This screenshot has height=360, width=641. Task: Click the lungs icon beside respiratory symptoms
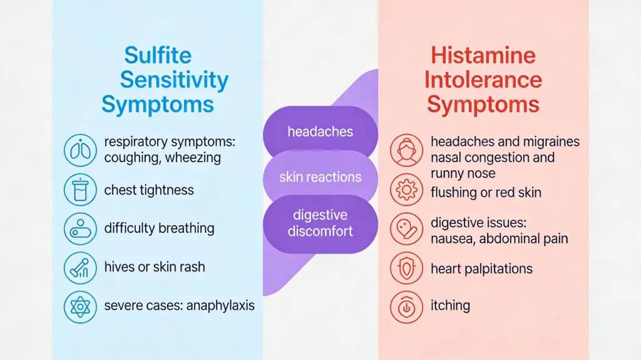81,150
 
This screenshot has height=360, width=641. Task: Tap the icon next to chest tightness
81,190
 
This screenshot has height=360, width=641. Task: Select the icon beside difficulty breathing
81,229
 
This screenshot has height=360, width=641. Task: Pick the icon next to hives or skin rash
81,267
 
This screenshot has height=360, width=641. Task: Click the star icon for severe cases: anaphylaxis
81,307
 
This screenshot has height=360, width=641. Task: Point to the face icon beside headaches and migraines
407,151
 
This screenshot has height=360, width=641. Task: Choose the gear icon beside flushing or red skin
407,190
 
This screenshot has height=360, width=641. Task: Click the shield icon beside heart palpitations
407,269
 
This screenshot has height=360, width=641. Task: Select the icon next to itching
407,306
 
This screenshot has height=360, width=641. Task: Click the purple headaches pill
320,132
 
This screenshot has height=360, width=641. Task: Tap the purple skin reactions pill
320,177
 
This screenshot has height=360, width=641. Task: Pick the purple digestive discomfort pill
320,223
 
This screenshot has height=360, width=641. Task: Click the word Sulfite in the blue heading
158,55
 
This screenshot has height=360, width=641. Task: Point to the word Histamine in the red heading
483,55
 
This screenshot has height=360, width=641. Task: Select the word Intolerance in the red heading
483,80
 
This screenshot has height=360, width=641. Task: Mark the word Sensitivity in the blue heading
174,80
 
